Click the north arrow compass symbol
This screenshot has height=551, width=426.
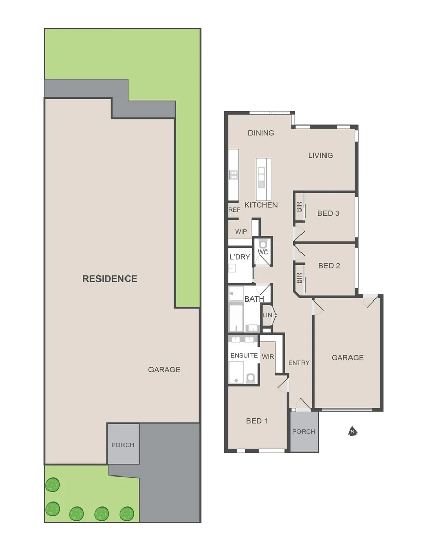point(352,432)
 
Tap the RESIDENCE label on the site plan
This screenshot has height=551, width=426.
point(110,279)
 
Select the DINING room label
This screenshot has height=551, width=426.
point(261,133)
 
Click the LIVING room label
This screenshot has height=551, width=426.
point(320,155)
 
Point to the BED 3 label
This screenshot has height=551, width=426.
point(328,213)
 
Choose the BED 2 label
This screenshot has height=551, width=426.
point(329,266)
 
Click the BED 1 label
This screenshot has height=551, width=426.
point(257,421)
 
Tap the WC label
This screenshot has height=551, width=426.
point(263,252)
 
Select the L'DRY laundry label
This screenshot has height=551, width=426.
point(240,257)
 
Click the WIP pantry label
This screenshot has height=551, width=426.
point(241,232)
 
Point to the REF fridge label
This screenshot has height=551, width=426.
point(234,210)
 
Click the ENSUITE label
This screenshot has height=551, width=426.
point(244,355)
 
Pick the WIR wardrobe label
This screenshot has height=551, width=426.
point(268,356)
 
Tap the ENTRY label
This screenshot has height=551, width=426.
point(299,363)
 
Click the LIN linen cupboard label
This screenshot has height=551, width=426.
point(267,315)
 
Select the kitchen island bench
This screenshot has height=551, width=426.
point(263,179)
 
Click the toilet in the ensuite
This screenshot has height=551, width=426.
point(250,378)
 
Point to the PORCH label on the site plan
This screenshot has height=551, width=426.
point(122,445)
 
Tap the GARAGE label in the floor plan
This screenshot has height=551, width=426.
point(347,358)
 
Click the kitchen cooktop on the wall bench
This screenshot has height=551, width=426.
point(233,175)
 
